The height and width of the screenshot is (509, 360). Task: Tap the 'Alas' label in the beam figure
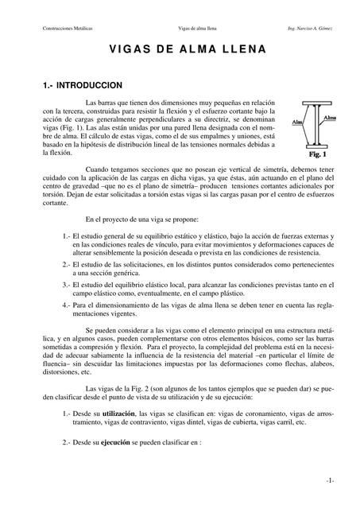click(296, 122)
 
